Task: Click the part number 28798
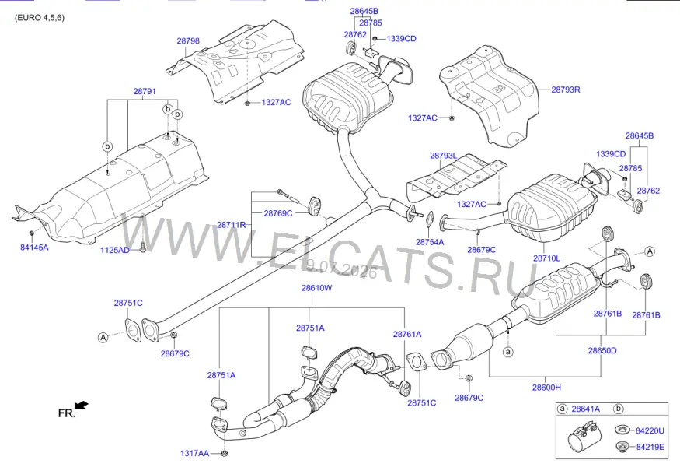[188, 40]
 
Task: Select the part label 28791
[145, 91]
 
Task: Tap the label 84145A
[34, 248]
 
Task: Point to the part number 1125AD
[114, 250]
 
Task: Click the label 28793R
[566, 90]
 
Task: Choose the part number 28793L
[443, 156]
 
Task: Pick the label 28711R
[231, 225]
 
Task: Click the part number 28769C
[278, 213]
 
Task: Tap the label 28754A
[430, 242]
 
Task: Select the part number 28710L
[546, 258]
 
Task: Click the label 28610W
[316, 287]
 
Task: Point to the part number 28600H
[546, 387]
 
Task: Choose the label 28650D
[602, 350]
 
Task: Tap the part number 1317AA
[194, 453]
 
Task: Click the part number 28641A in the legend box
[585, 409]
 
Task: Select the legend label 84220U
[650, 430]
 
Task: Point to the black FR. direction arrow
[82, 405]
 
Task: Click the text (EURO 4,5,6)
[40, 18]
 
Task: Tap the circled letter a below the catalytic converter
[507, 351]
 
